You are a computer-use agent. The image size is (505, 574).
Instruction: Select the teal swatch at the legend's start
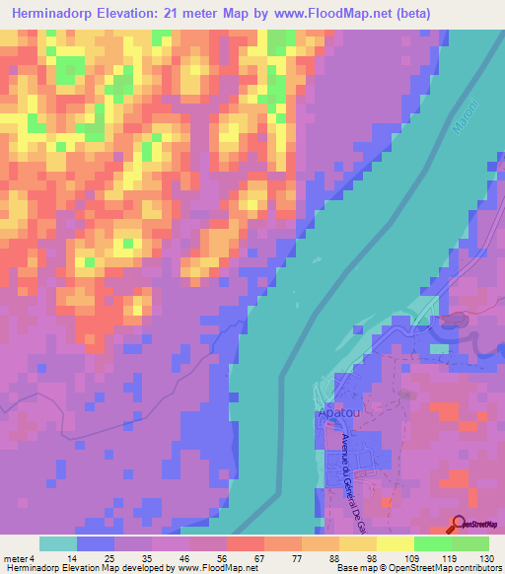click(58, 543)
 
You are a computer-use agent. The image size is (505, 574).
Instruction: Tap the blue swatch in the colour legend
click(96, 543)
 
